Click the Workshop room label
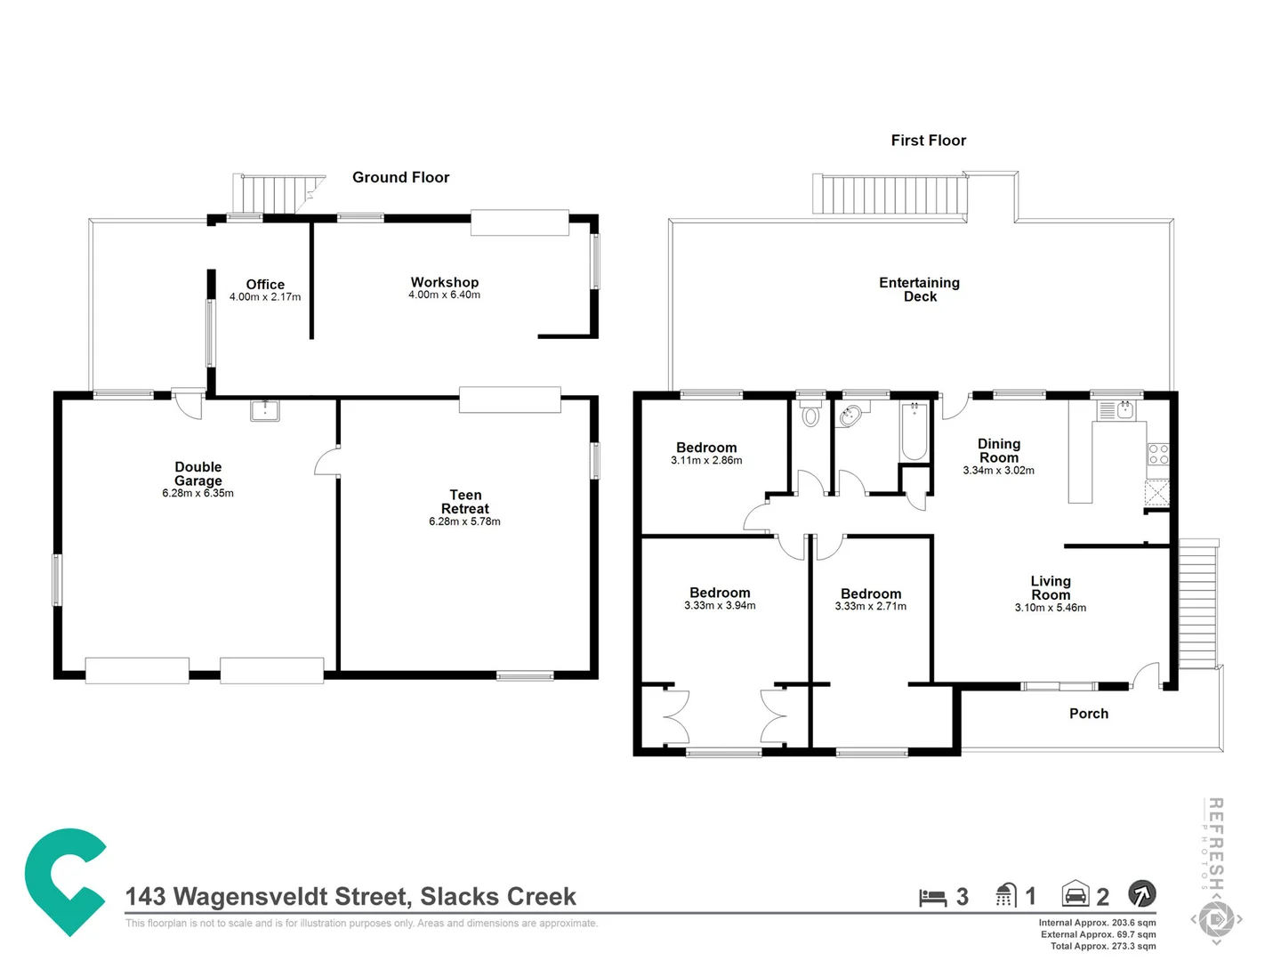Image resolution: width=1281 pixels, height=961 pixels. point(444,282)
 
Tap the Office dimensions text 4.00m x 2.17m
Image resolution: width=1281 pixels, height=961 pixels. point(265,297)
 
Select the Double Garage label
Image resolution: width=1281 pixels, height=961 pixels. point(197,473)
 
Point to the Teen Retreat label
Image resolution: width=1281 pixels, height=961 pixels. point(465,502)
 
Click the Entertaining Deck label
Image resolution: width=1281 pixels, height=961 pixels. point(919,289)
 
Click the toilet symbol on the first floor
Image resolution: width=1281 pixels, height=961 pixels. point(810,415)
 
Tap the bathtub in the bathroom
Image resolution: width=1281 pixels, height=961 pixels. point(914,432)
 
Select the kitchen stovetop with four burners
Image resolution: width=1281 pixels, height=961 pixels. point(1157,454)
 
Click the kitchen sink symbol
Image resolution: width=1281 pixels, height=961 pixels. point(1124,410)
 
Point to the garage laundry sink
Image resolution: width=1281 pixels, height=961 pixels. point(265,410)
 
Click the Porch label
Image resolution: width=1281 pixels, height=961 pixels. point(1088,714)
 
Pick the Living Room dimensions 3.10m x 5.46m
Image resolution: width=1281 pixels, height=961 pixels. point(1050,608)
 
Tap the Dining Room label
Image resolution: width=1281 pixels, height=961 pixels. point(998,450)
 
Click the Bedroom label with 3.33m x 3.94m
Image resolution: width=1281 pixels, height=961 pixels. point(720,593)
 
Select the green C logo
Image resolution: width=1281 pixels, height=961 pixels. point(64,880)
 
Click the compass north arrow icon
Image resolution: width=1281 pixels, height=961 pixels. point(1141,893)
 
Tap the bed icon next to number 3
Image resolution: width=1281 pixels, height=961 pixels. point(932,897)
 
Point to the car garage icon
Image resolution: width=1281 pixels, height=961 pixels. point(1076,894)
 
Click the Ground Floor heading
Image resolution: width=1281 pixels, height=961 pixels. point(400,177)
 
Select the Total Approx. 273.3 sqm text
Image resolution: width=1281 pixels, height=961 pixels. point(1102,946)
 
